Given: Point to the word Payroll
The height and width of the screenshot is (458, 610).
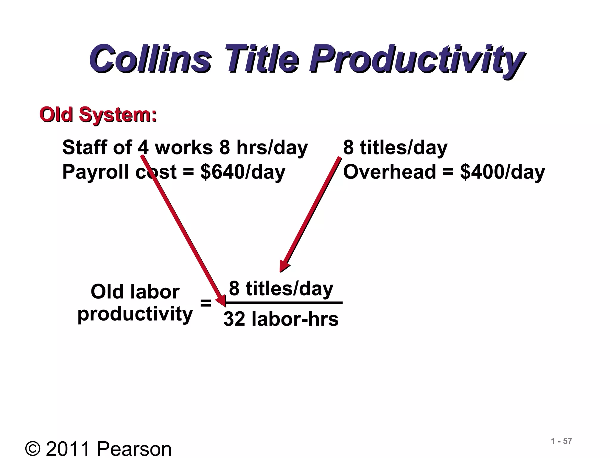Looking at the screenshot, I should coord(95,172).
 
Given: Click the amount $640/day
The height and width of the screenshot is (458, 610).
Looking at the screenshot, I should coord(243,172).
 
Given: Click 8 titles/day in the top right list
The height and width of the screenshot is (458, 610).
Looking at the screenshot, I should coord(395,148).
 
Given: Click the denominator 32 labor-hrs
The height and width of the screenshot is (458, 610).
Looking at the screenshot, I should coord(281,319).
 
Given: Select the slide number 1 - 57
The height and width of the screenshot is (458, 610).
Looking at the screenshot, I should coord(561,441).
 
